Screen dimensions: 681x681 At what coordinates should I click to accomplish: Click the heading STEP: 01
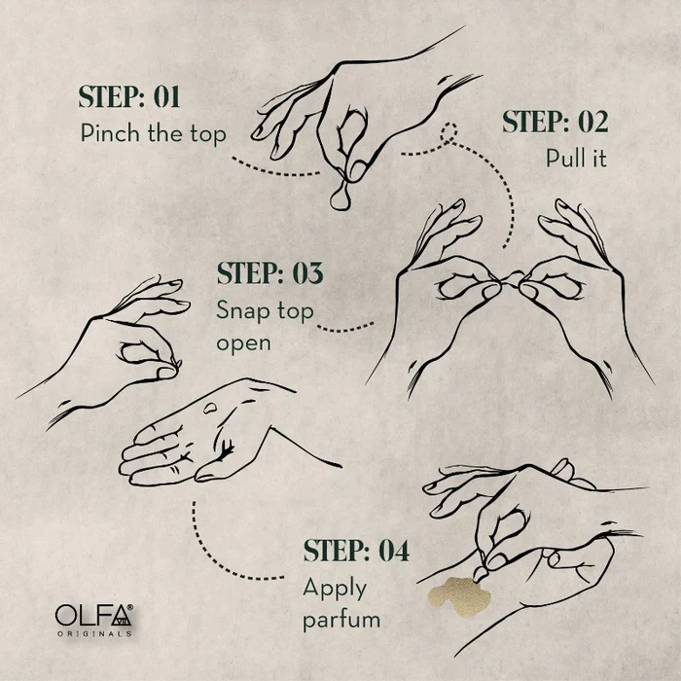coord(129,97)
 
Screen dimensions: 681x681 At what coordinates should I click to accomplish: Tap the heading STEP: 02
coord(556,122)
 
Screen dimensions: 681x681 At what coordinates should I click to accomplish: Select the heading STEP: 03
coord(269,273)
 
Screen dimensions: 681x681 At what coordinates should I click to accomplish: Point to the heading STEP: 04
coord(356,551)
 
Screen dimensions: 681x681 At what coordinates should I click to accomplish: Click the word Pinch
coord(111,133)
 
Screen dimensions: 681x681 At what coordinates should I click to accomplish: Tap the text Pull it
coord(576,158)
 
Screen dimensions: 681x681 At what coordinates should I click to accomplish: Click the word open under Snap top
coord(243,344)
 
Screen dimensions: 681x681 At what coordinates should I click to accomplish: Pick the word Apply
coord(335,590)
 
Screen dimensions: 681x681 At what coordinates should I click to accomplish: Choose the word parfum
coord(341,620)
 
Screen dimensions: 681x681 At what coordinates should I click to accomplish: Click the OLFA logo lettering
coord(93,615)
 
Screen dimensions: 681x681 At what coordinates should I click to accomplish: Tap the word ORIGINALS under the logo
coord(94,633)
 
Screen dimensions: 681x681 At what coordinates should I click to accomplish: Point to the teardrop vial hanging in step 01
coord(341,197)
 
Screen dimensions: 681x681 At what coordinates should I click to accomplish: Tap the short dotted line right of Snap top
coord(345,329)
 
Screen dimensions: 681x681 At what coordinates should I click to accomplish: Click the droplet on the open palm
coord(211,408)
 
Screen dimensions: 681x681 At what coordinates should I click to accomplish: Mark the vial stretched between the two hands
coord(511,278)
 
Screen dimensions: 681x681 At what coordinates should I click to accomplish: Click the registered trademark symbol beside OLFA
coord(129,608)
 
